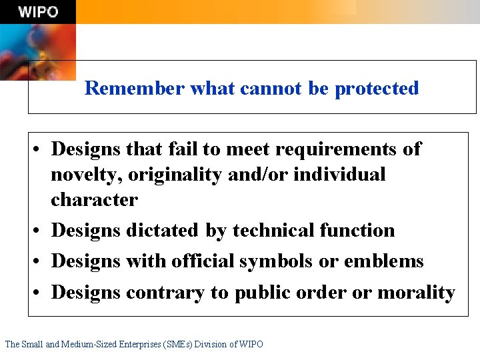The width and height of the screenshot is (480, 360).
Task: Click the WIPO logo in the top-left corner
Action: [x=38, y=12]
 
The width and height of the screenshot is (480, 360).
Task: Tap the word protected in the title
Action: [x=377, y=88]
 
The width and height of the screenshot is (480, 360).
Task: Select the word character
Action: [x=94, y=200]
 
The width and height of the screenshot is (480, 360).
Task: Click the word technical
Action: [x=273, y=231]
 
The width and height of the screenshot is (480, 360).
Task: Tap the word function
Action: [x=357, y=231]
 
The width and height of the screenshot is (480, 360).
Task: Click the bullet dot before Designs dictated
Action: [x=40, y=231]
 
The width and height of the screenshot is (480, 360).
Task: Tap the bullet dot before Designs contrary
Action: [x=40, y=293]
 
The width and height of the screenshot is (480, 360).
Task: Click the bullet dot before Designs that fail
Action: [x=40, y=149]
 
